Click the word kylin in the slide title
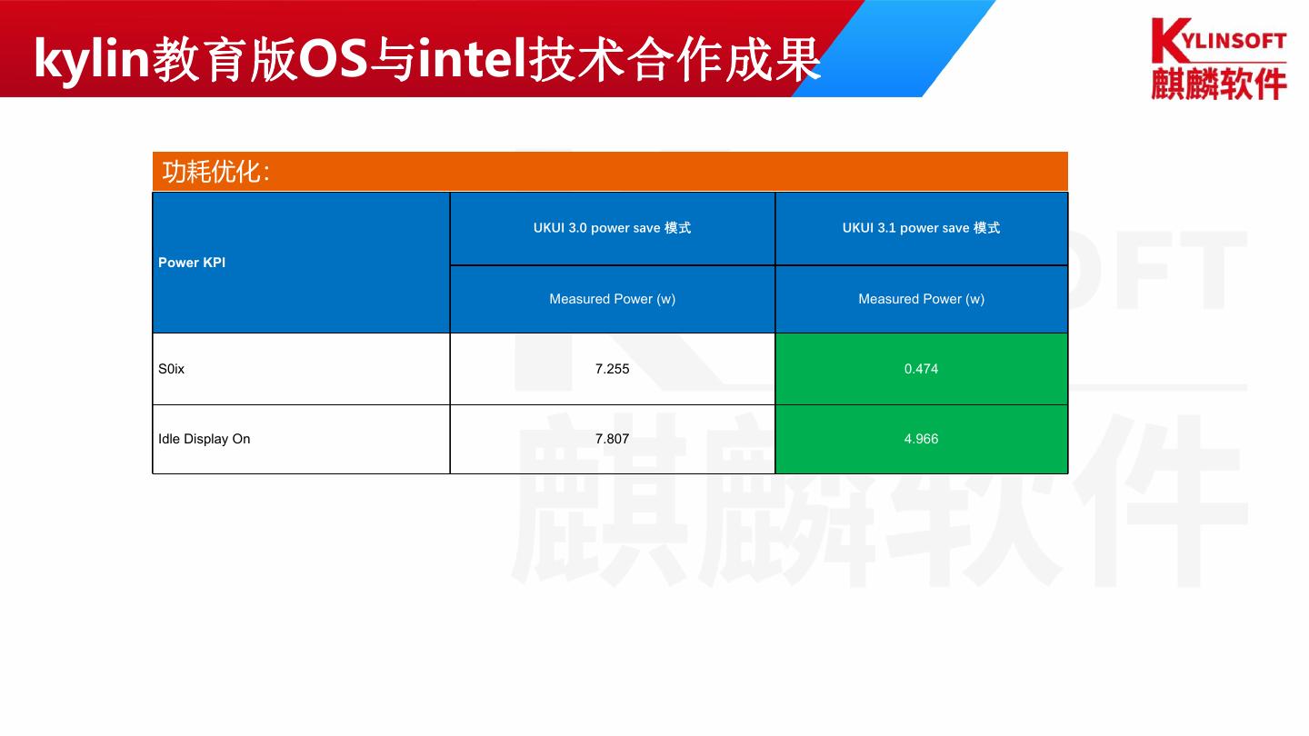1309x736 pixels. click(91, 59)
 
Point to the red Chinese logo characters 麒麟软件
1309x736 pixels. click(1219, 83)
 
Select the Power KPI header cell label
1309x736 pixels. click(192, 263)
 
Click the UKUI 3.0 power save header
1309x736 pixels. click(612, 228)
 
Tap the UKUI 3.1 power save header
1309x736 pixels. click(921, 228)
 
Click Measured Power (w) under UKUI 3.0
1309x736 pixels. click(612, 299)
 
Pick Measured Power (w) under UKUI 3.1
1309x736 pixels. click(921, 299)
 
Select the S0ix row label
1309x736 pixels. click(171, 369)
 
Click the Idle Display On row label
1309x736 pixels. click(204, 439)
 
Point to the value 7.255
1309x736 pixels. click(612, 369)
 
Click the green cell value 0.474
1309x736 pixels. click(921, 369)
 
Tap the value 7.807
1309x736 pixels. click(612, 439)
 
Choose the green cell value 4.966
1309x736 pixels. click(921, 439)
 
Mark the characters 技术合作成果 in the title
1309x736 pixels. click(675, 59)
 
